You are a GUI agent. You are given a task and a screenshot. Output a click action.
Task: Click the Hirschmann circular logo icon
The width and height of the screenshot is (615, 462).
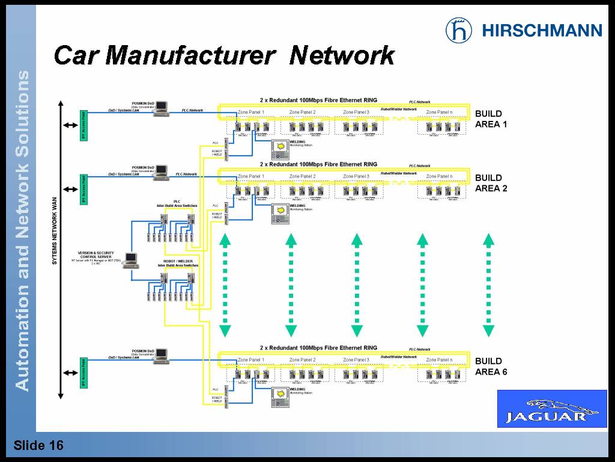pos(459,30)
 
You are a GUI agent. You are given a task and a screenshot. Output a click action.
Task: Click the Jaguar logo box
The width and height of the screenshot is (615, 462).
pos(551,408)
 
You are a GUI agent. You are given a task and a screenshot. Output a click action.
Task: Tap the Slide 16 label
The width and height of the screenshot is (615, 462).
pos(38,446)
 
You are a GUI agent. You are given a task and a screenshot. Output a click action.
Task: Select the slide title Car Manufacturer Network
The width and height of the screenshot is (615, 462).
pos(223,56)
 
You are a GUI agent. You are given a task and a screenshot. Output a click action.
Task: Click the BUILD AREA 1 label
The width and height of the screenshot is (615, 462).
pos(491,119)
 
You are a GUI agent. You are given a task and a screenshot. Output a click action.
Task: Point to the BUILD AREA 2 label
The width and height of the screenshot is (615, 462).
pos(491,183)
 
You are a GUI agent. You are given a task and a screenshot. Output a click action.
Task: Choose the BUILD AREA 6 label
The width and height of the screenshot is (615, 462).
pos(491,366)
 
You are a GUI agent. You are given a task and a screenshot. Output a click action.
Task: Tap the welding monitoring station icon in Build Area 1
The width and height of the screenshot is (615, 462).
pos(279,148)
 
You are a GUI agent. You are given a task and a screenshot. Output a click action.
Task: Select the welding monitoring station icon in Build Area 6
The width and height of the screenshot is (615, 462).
pos(279,395)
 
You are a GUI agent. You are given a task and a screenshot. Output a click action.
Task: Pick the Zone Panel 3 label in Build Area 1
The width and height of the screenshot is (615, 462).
pos(356,112)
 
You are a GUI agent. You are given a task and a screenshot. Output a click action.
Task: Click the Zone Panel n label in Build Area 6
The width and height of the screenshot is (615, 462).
pos(439,360)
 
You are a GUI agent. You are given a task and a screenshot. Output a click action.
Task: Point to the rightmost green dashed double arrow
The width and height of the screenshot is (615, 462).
pos(488,285)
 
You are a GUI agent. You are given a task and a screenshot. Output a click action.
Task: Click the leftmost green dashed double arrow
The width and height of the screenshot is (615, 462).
pos(225,285)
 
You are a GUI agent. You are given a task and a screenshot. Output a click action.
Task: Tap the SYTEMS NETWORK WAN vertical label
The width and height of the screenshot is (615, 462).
pos(54,235)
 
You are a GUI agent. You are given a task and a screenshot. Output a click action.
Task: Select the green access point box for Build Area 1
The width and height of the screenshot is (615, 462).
pos(83,125)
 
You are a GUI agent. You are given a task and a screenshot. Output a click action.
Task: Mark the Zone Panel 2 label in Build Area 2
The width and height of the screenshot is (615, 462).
pos(302,176)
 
